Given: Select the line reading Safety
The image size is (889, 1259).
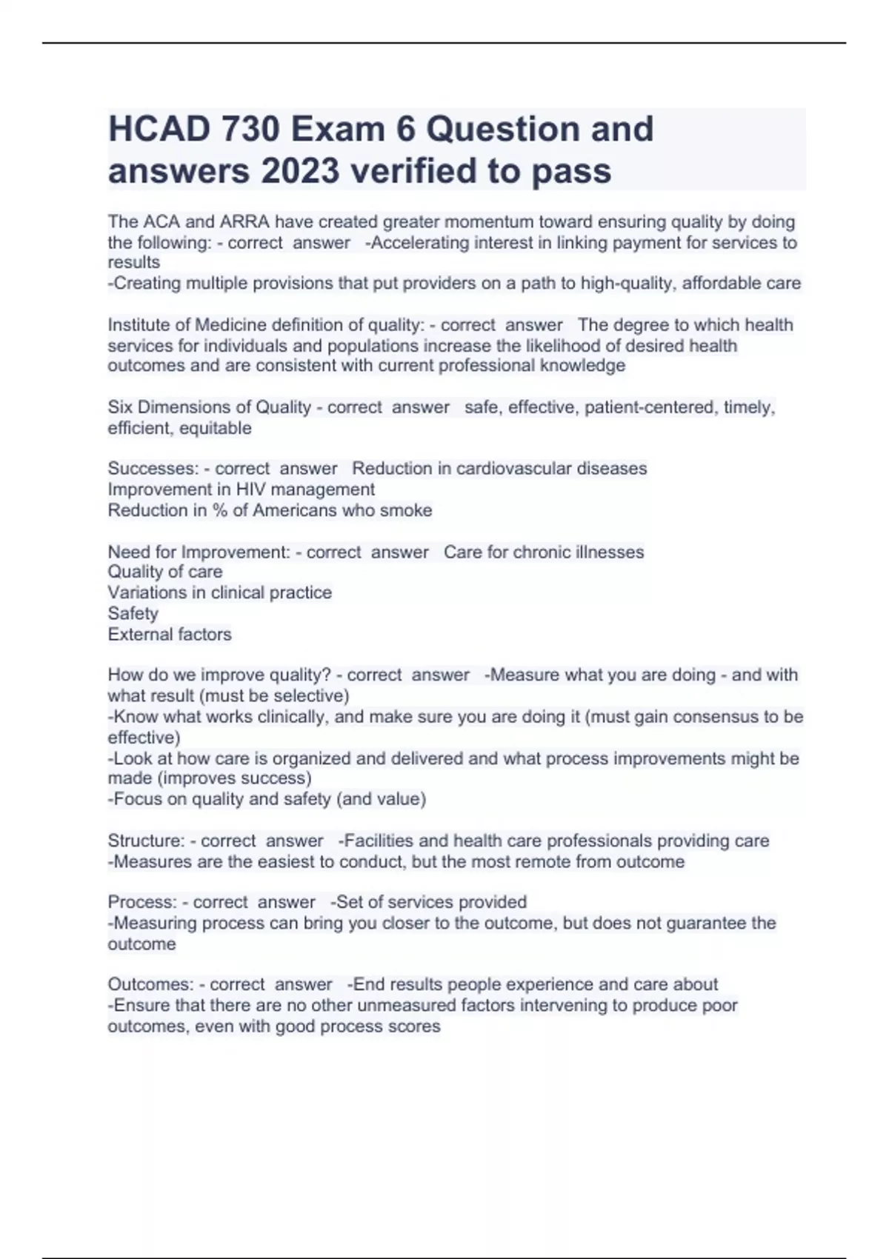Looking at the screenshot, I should tap(133, 613).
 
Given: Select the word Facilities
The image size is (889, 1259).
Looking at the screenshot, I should tap(378, 841).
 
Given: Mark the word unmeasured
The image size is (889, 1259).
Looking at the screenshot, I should tap(407, 1005).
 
